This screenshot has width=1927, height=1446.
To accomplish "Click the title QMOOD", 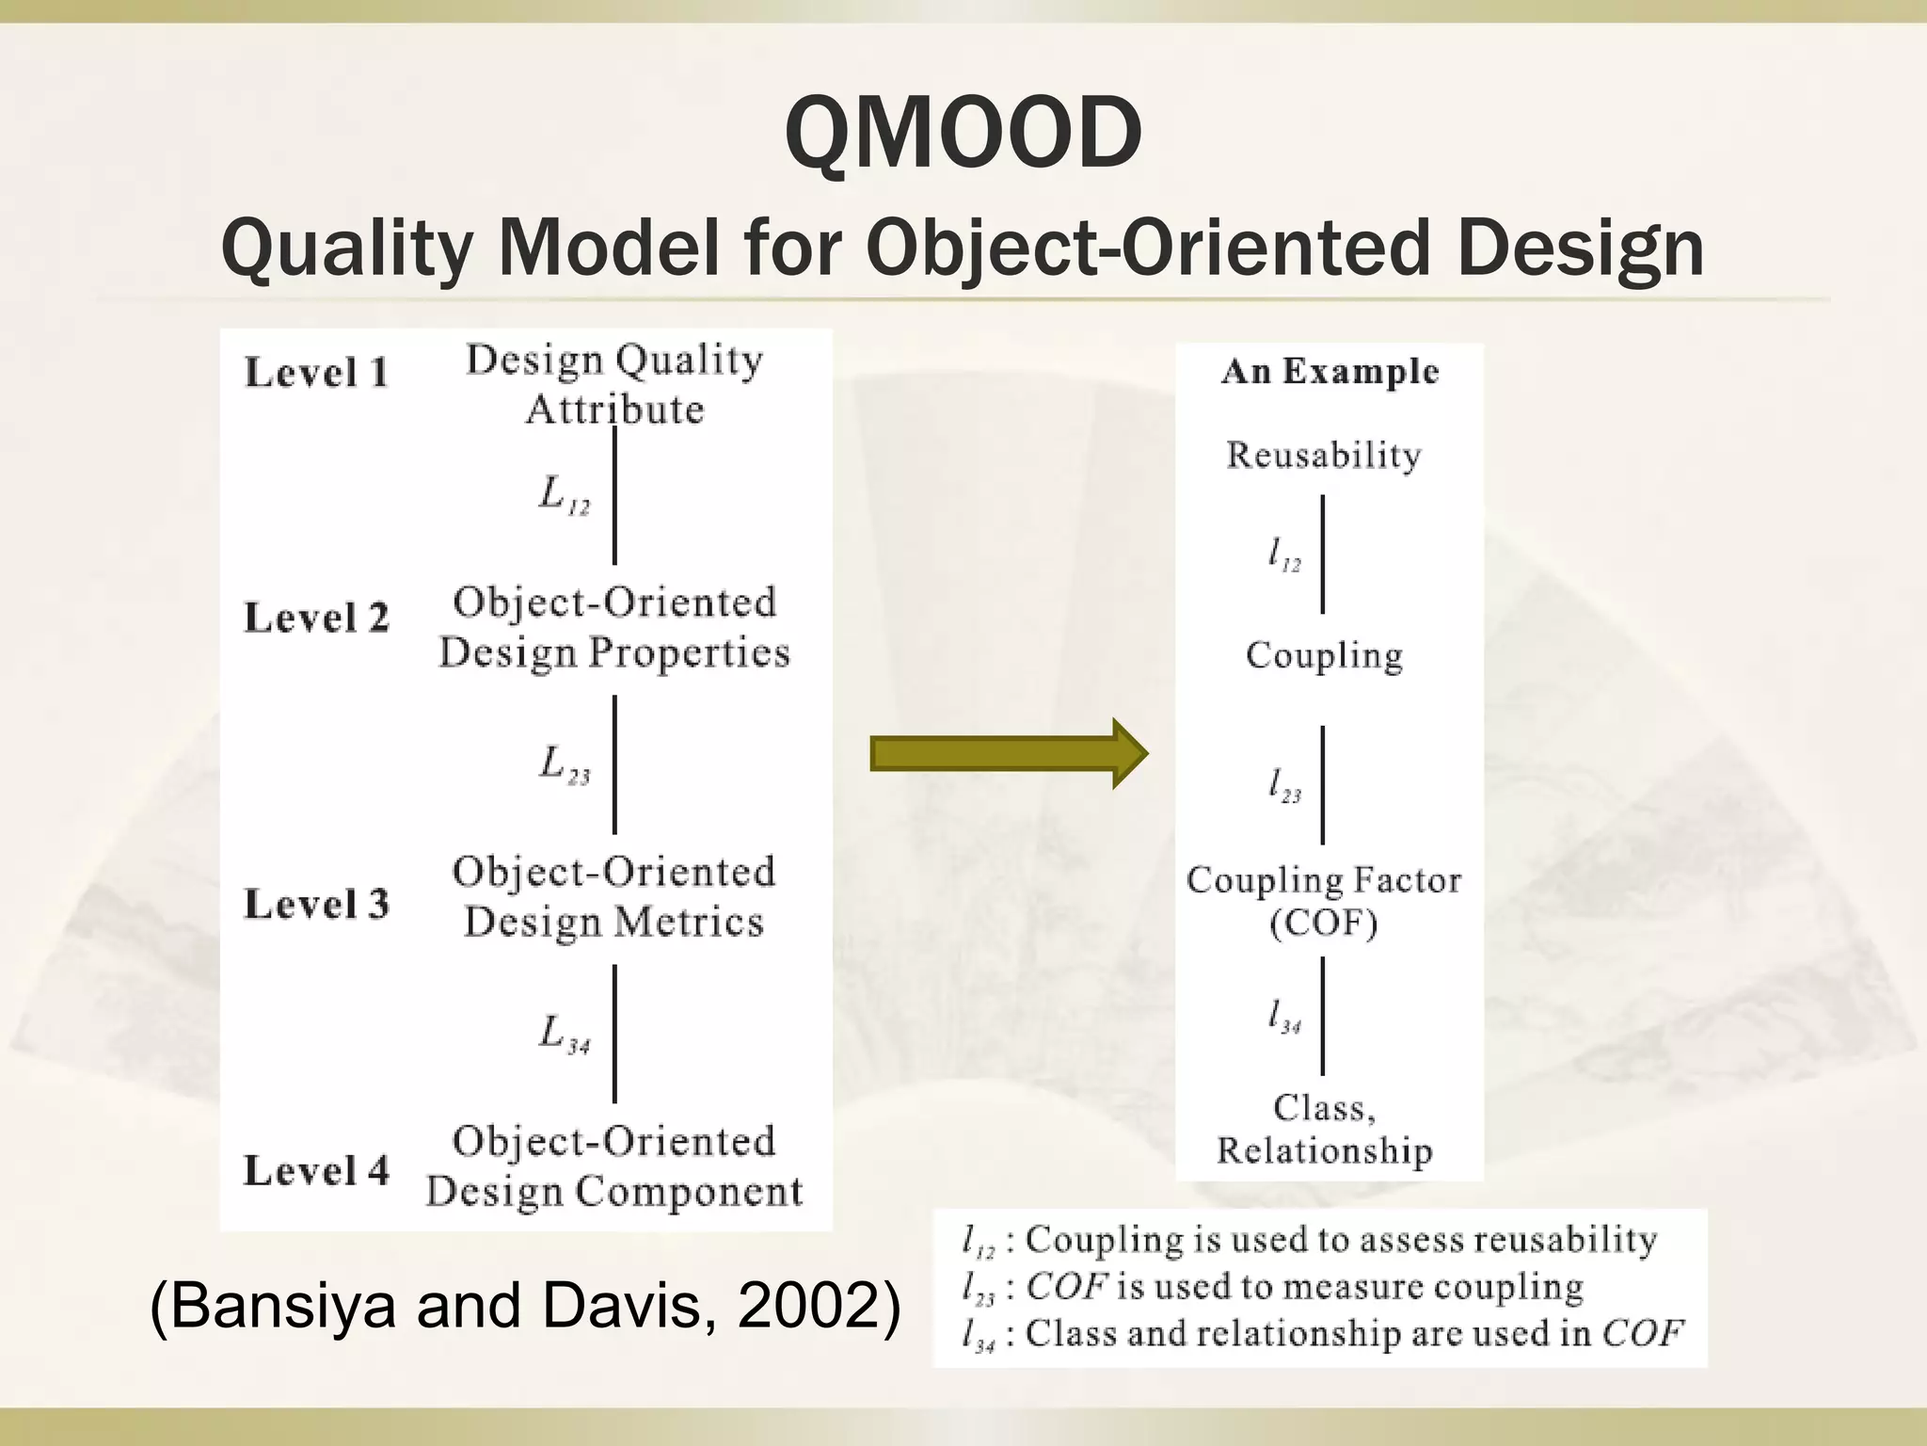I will coord(963,135).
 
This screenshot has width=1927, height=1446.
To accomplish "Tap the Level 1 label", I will coord(316,373).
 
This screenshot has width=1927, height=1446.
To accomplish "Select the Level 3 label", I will coord(316,904).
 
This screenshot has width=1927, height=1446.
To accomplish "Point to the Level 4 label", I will coord(316,1171).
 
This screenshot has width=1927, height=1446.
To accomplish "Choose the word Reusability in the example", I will coord(1324,456).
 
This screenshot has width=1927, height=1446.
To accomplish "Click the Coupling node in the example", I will coord(1324,655).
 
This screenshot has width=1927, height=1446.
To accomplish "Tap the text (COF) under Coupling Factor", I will coord(1324,924).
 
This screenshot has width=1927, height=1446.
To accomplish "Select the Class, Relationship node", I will coord(1324,1130).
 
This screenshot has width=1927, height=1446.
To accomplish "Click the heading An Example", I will coord(1330,372).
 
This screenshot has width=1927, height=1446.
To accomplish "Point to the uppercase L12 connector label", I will coord(564,495).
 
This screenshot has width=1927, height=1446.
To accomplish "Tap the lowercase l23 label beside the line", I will coord(1284,786).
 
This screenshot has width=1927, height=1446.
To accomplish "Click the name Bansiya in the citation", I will coord(282,1308).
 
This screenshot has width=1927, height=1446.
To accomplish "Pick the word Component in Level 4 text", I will coord(689,1192).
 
